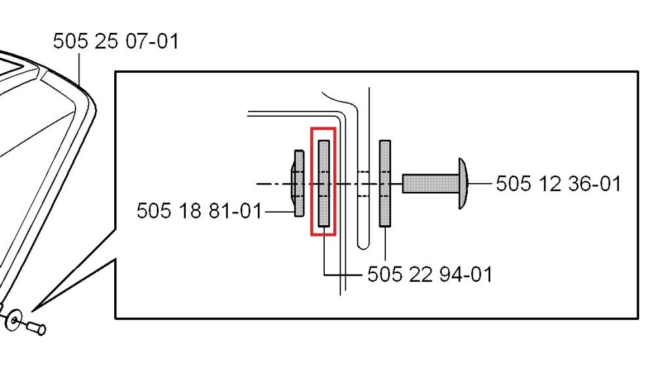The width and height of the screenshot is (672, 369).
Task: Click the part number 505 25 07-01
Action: [x=115, y=41]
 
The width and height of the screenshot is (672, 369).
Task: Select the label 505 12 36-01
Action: [x=558, y=184]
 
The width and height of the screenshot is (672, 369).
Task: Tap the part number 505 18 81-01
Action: [x=199, y=211]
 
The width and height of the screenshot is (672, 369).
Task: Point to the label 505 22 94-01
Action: [x=430, y=274]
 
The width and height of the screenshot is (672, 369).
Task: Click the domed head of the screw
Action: [x=463, y=183]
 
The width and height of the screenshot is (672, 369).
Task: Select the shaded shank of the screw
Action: [x=430, y=183]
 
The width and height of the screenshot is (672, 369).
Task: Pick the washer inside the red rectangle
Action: [x=324, y=183]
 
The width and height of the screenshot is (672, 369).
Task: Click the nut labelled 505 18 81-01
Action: [x=299, y=183]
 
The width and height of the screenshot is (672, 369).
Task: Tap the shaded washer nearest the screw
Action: [x=385, y=183]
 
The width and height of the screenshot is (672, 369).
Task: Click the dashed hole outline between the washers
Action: [x=363, y=184]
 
